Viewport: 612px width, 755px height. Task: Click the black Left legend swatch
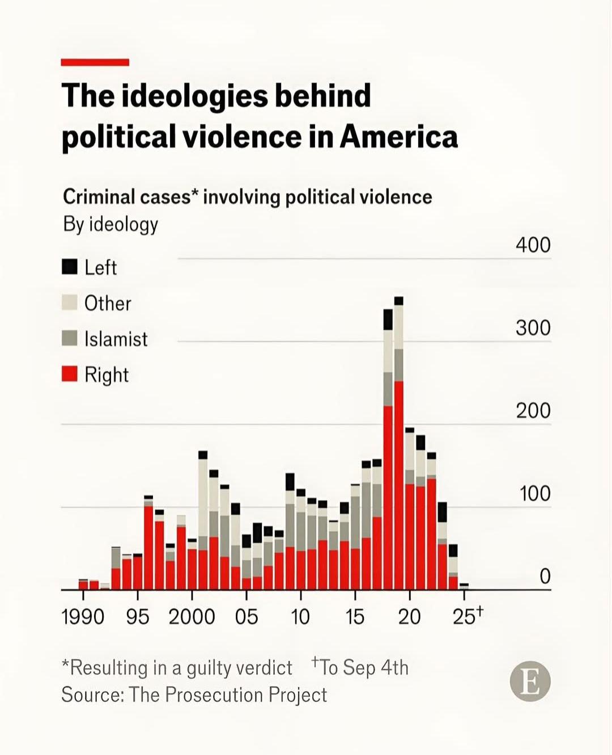pyautogui.click(x=69, y=267)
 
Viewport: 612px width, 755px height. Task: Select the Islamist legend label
pyautogui.click(x=116, y=339)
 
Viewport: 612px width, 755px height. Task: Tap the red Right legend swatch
pyautogui.click(x=69, y=374)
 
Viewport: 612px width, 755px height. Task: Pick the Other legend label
pyautogui.click(x=108, y=303)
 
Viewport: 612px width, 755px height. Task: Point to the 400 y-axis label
pyautogui.click(x=533, y=245)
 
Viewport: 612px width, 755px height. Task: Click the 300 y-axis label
pyautogui.click(x=533, y=328)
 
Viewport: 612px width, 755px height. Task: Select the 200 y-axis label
pyautogui.click(x=533, y=411)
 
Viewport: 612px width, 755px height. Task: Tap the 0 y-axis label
pyautogui.click(x=545, y=577)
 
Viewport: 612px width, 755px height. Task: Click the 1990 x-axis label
pyautogui.click(x=83, y=617)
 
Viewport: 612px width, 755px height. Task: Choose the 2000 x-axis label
pyautogui.click(x=192, y=617)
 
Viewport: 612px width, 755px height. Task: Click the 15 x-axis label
pyautogui.click(x=355, y=617)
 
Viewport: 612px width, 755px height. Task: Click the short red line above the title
pyautogui.click(x=95, y=62)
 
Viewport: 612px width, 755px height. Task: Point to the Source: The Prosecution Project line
pyautogui.click(x=194, y=694)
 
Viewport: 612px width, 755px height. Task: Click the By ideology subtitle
pyautogui.click(x=110, y=224)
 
